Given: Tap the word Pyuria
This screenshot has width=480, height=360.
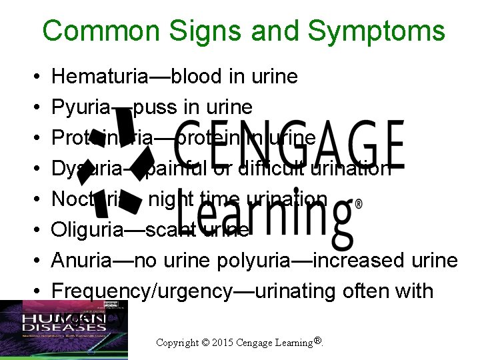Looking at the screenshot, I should pyautogui.click(x=78, y=107).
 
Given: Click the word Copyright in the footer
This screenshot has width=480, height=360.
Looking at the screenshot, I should pyautogui.click(x=178, y=343).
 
